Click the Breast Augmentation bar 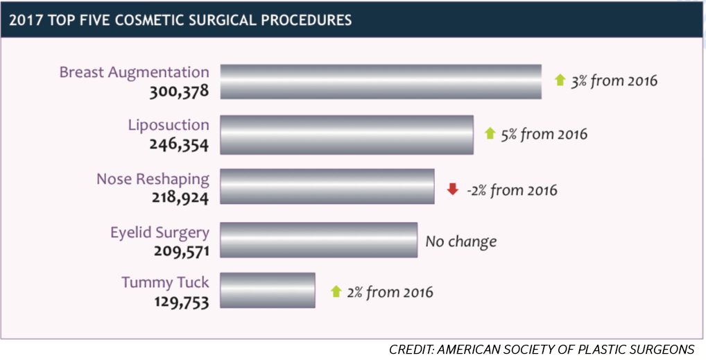click(x=380, y=82)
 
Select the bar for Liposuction click(x=347, y=135)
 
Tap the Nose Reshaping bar click(x=327, y=186)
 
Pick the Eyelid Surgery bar click(x=318, y=240)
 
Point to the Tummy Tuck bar click(x=267, y=291)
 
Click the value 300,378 click(x=179, y=91)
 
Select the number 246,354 click(x=179, y=144)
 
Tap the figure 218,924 click(x=179, y=197)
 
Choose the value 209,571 click(x=179, y=250)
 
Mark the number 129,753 click(x=179, y=302)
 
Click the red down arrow click(x=453, y=189)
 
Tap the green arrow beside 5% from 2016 click(x=490, y=133)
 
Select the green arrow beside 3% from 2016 click(x=560, y=80)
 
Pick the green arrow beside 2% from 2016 click(x=336, y=291)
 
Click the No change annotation click(x=461, y=241)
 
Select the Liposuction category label click(x=169, y=125)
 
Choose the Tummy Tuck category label click(x=165, y=282)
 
